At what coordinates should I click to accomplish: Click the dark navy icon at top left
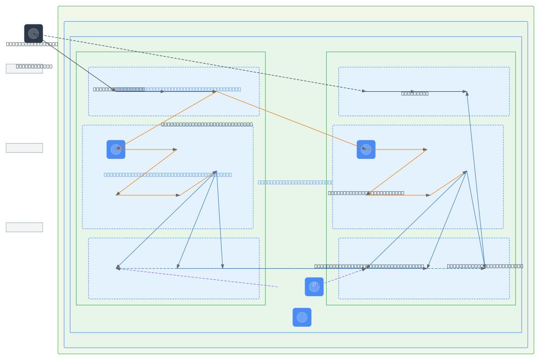[33, 33]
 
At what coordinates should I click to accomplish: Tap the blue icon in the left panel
[116, 149]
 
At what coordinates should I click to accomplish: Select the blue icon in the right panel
[366, 149]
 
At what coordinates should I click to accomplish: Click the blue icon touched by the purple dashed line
[314, 287]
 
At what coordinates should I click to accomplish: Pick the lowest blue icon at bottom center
[302, 317]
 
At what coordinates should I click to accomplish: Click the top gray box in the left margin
[24, 69]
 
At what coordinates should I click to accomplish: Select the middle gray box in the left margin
[24, 148]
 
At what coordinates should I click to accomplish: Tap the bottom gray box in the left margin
[24, 227]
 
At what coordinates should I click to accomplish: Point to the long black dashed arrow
[202, 63]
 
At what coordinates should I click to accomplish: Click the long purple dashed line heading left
[198, 278]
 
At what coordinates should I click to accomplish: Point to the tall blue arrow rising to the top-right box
[476, 180]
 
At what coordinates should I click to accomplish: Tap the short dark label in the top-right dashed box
[414, 94]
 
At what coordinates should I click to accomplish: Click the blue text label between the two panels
[295, 182]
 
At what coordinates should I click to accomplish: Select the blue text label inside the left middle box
[168, 175]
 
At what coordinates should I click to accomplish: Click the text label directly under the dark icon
[32, 44]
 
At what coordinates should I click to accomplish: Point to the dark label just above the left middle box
[207, 124]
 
